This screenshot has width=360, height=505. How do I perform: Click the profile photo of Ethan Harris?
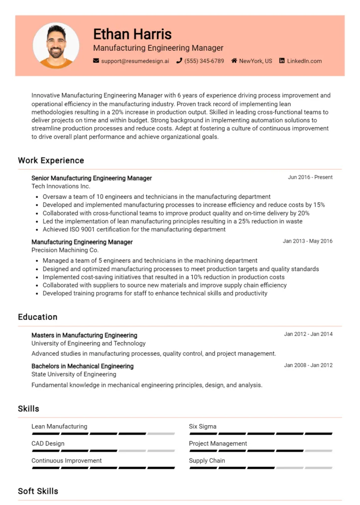pos(56,45)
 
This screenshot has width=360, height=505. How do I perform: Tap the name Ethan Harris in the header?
pos(132,34)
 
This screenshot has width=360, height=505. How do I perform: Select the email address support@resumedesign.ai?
pos(135,61)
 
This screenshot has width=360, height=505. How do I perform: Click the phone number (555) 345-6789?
pos(204,61)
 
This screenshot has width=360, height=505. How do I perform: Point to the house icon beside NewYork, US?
pos(234,61)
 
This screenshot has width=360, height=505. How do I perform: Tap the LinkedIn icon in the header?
pos(282,61)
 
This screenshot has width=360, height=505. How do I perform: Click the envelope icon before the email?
pos(96,61)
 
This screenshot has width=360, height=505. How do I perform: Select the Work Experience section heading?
pos(51,160)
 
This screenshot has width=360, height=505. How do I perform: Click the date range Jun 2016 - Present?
pos(310,177)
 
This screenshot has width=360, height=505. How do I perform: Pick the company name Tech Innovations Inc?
pos(61,186)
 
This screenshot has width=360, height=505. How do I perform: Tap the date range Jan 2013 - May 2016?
pos(308,241)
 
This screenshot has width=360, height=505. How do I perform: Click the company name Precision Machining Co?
pos(65,251)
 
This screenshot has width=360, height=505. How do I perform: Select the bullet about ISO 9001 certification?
pos(134,229)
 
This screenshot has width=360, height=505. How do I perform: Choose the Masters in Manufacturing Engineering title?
pos(84,335)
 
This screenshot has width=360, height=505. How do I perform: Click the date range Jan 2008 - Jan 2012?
pos(308,365)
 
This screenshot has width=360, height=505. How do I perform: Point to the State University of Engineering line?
pos(73,374)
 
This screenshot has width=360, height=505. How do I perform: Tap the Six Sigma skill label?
pos(203,427)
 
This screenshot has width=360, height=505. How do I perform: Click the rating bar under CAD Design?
pos(103,451)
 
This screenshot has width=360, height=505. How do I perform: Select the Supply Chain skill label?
pos(207,461)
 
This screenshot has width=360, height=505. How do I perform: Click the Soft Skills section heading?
pos(38,491)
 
